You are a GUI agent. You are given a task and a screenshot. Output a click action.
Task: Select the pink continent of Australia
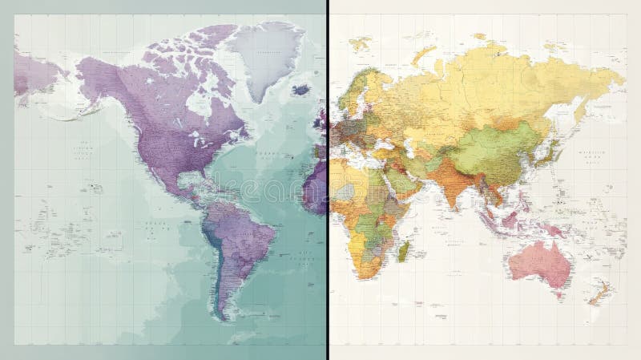[x=535, y=261]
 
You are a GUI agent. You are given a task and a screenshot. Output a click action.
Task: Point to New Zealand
[x=597, y=294]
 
